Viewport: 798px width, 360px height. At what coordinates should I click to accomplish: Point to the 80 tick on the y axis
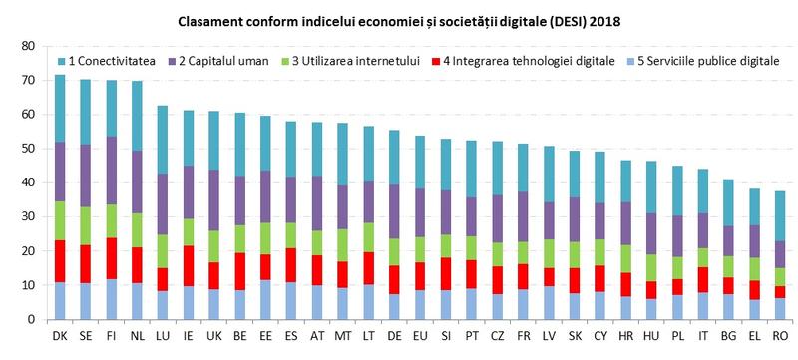(27, 47)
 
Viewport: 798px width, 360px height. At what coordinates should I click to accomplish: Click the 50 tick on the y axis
(27, 149)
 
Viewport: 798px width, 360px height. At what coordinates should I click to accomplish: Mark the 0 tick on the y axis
(31, 319)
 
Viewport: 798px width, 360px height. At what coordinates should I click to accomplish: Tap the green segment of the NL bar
(137, 230)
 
